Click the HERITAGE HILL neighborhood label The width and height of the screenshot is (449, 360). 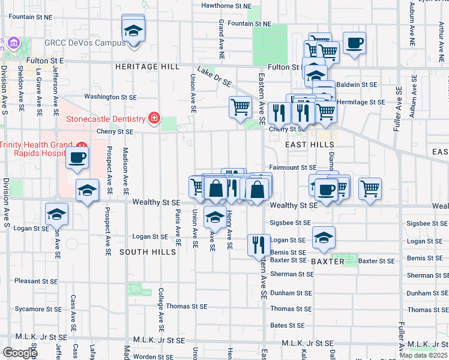[139, 67]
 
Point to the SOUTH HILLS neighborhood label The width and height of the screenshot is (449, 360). [148, 252]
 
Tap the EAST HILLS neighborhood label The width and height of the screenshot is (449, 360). [305, 145]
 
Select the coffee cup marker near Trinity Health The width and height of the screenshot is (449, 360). [77, 158]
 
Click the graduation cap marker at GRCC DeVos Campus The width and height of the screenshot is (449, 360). [133, 30]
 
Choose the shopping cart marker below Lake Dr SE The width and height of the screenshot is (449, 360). [240, 107]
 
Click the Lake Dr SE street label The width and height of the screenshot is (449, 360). [214, 76]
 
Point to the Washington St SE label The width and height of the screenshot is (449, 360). [110, 96]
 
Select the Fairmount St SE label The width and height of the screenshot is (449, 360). [292, 167]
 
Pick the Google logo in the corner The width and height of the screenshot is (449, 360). [20, 353]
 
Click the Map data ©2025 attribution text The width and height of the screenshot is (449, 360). [424, 355]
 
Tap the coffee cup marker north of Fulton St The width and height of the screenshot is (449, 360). [354, 43]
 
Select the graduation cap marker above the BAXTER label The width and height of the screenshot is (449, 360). [324, 238]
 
